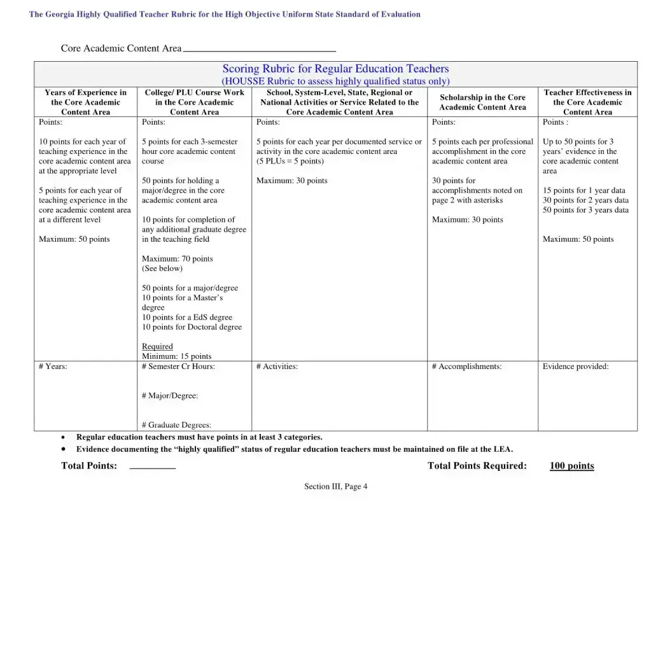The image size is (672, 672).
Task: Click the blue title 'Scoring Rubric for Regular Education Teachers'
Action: point(335,69)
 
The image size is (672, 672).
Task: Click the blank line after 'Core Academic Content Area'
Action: point(259,49)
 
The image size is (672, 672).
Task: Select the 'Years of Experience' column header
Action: point(85,102)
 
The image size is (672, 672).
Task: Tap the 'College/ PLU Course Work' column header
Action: point(194,102)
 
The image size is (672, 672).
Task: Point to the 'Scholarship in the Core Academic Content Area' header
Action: point(482,102)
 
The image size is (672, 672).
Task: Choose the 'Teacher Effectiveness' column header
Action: point(587,102)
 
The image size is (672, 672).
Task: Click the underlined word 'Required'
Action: point(157,346)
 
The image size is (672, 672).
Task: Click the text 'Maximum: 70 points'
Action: point(177,258)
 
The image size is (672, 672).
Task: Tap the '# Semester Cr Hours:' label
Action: point(178,367)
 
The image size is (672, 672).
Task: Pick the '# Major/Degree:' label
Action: point(170,396)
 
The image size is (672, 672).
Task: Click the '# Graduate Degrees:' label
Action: point(176,425)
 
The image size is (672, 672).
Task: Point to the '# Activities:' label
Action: point(277,367)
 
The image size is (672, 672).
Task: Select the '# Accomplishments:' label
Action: point(466,367)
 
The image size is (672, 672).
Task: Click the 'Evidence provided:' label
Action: point(575,367)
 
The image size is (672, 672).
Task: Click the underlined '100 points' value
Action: point(571,466)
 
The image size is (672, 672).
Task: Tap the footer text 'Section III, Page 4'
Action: point(335,487)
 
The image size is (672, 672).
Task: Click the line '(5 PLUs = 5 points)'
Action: point(290,161)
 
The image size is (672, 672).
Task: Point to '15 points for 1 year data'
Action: point(584,190)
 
